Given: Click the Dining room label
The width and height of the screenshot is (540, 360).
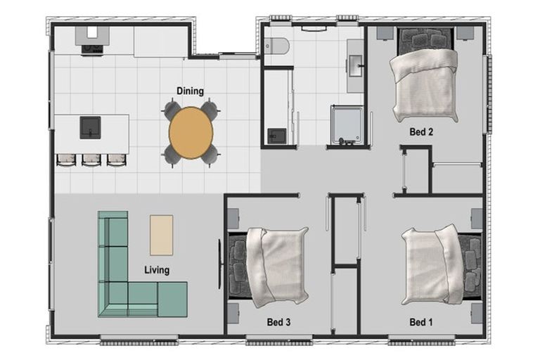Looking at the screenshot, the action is point(190,91).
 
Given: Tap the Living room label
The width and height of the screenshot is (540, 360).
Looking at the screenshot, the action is point(157,270).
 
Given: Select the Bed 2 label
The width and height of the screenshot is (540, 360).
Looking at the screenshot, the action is point(421,131).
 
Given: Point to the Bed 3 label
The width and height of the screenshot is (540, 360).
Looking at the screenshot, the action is point(278,322).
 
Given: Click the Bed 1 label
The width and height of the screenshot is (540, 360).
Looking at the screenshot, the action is point(421,322).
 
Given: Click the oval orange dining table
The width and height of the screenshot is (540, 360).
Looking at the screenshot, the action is point(191,133).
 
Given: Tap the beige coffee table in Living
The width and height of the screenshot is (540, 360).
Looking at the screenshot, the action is point(161,236).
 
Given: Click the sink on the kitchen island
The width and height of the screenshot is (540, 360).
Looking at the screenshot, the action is point(90,127).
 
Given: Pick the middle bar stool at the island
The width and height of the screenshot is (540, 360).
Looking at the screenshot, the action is point(91,160).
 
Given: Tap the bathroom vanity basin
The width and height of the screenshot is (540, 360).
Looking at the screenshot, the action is point(355,65).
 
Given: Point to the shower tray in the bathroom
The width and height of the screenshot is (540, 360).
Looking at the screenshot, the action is point(347,124).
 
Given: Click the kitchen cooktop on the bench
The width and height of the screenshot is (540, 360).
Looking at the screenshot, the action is point(92,49).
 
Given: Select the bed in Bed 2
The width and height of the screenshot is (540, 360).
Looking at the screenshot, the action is point(424,76).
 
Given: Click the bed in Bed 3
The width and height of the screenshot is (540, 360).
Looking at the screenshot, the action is point(269,266).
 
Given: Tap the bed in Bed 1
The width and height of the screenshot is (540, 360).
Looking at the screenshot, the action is point(441,264).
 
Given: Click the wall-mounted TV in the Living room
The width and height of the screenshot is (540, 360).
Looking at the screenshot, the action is point(219,264).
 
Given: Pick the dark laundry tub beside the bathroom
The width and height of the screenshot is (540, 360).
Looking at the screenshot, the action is point(277,136).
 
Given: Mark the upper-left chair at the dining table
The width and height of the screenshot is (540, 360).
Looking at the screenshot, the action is point(172,110).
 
